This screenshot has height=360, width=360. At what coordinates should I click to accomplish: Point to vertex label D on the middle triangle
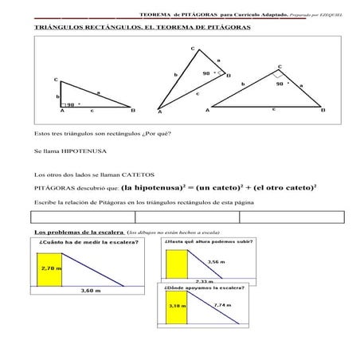[x=229, y=76]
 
